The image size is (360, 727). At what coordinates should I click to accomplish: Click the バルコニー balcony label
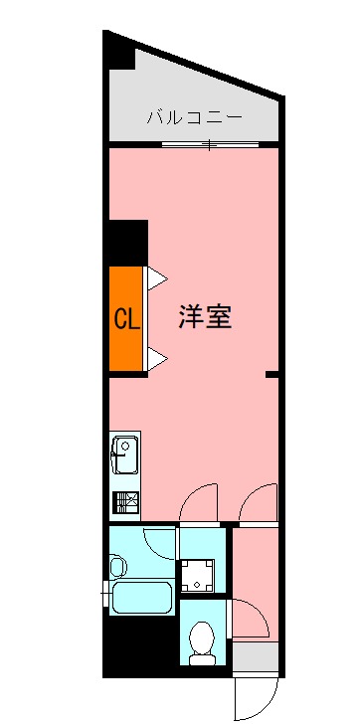pyautogui.click(x=194, y=117)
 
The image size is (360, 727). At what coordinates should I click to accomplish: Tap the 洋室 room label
pyautogui.click(x=206, y=317)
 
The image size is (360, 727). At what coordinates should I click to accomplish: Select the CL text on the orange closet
pyautogui.click(x=126, y=319)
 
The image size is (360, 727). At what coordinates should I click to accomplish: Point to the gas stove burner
pyautogui.click(x=125, y=501)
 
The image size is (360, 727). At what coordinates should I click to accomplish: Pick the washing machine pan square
pyautogui.click(x=202, y=572)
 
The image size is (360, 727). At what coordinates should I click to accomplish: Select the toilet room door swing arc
pyautogui.click(x=249, y=619)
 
